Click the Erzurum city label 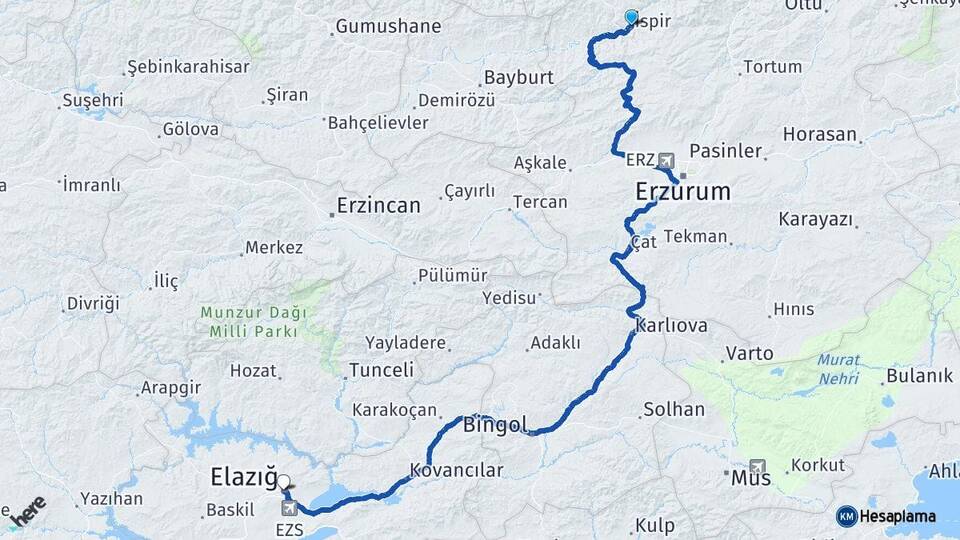click(683, 191)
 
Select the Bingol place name click(495, 425)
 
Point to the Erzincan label click(379, 205)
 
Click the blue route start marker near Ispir click(631, 17)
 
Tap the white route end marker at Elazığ click(284, 481)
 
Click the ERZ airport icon click(667, 160)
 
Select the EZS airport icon click(290, 508)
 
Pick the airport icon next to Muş click(757, 465)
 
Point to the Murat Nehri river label click(838, 369)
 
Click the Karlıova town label click(671, 326)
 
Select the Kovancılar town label click(456, 469)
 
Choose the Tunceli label click(381, 370)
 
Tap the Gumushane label click(388, 27)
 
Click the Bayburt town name click(518, 77)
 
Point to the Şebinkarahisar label click(187, 67)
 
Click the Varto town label click(750, 353)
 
